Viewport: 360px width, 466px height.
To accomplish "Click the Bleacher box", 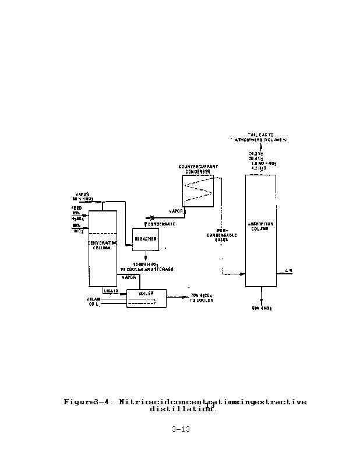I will point(145,239).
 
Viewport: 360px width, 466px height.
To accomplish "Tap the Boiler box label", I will point(146,294).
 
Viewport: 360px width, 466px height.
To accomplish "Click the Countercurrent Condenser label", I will point(198,169).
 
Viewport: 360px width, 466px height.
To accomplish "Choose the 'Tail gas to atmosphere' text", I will point(260,137).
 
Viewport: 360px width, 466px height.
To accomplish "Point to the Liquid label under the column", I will point(111,290).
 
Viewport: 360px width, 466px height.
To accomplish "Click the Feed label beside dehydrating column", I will point(77,207).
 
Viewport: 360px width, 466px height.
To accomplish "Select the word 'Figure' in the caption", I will point(78,402).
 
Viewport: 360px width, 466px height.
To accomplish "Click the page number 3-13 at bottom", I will point(181,430).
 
